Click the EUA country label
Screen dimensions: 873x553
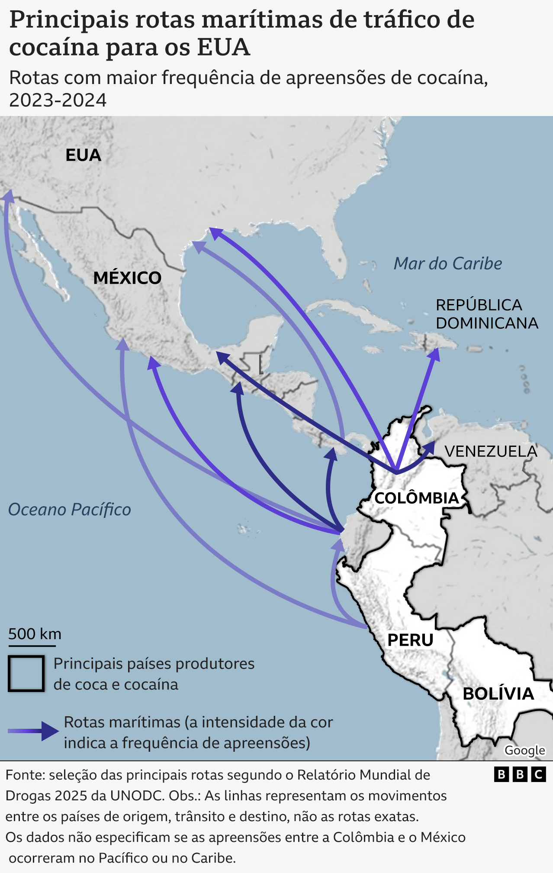click(x=83, y=155)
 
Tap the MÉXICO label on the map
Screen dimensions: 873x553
click(x=127, y=278)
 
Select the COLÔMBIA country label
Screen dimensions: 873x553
click(x=416, y=498)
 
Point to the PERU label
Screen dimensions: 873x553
click(x=410, y=640)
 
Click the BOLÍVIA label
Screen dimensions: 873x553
click(x=498, y=694)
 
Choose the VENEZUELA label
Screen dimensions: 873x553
click(x=491, y=451)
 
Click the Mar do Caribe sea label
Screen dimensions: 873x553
click(x=447, y=263)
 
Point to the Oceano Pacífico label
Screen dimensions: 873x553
click(x=70, y=510)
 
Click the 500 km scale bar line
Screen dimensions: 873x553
click(x=32, y=646)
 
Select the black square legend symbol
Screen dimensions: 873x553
click(x=26, y=673)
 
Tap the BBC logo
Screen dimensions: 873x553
click(x=520, y=774)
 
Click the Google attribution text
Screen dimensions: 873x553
click(x=524, y=750)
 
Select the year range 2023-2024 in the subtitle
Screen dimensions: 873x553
click(x=58, y=100)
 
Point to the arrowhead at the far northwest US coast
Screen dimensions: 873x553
click(x=8, y=196)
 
